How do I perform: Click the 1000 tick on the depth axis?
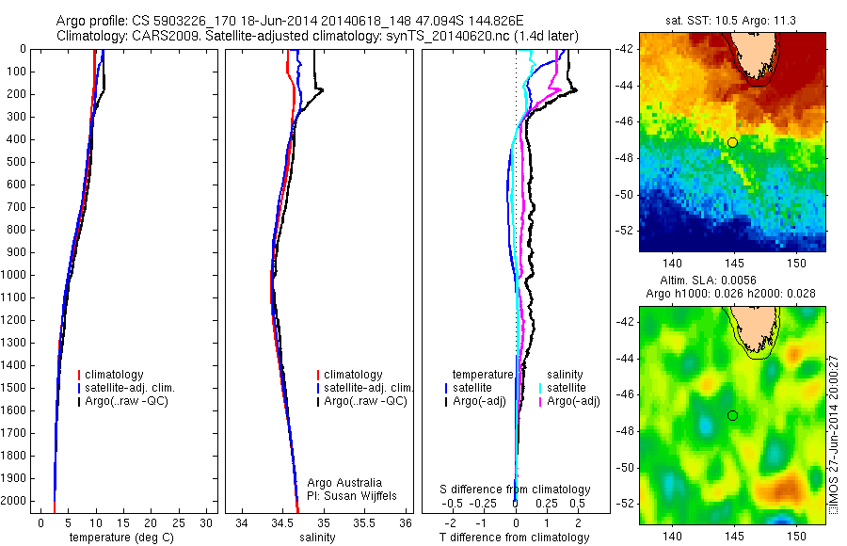(14, 275)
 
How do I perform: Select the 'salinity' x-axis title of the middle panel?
(317, 538)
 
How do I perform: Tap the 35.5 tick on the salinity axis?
(366, 522)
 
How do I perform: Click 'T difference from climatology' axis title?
(515, 538)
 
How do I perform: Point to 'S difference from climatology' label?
(516, 490)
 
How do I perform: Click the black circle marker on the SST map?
(732, 142)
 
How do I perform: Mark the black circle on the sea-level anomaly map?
(732, 415)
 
